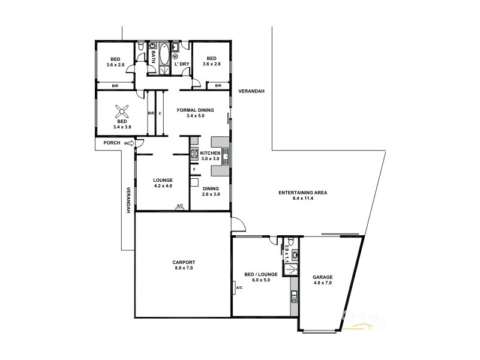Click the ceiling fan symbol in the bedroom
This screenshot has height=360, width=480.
pyautogui.click(x=122, y=110)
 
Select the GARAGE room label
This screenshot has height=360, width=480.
pyautogui.click(x=323, y=277)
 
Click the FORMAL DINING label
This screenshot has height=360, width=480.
pyautogui.click(x=193, y=110)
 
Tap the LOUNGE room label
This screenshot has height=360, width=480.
pyautogui.click(x=163, y=180)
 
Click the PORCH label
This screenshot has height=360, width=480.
pyautogui.click(x=111, y=143)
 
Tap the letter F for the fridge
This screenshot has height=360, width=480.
pyautogui.click(x=194, y=170)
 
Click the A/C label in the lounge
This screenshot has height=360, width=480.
pyautogui.click(x=179, y=207)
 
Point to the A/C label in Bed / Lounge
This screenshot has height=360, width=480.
pyautogui.click(x=239, y=287)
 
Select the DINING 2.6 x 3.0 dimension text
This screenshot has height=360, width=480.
pyautogui.click(x=211, y=194)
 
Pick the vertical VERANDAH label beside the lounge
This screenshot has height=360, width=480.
pyautogui.click(x=128, y=200)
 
